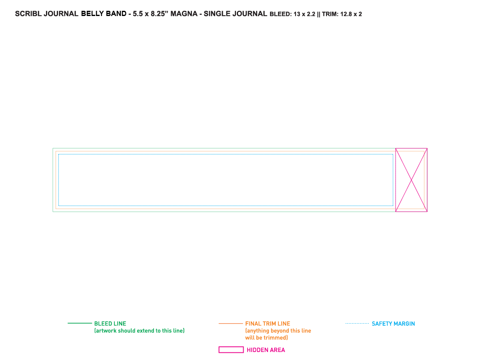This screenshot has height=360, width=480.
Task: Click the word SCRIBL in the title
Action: pyautogui.click(x=28, y=14)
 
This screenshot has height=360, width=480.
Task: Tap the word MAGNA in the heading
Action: pyautogui.click(x=184, y=14)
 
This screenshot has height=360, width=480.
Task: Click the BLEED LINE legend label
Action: pyautogui.click(x=110, y=324)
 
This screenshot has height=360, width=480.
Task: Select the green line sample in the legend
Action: pyautogui.click(x=80, y=323)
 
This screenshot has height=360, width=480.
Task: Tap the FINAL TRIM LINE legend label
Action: pyautogui.click(x=268, y=324)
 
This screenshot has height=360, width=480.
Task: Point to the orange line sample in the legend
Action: pyautogui.click(x=231, y=324)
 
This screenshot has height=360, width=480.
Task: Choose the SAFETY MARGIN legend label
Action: pyautogui.click(x=393, y=324)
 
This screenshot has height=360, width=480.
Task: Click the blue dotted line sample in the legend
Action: pyautogui.click(x=357, y=323)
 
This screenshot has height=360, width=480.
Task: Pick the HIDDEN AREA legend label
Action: pyautogui.click(x=266, y=350)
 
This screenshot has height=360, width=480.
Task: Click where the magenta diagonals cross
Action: pyautogui.click(x=411, y=180)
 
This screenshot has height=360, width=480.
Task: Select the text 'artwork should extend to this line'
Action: pyautogui.click(x=139, y=331)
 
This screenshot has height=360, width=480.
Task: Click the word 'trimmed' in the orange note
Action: pyautogui.click(x=276, y=338)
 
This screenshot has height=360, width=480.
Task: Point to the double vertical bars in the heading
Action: pyautogui.click(x=318, y=14)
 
